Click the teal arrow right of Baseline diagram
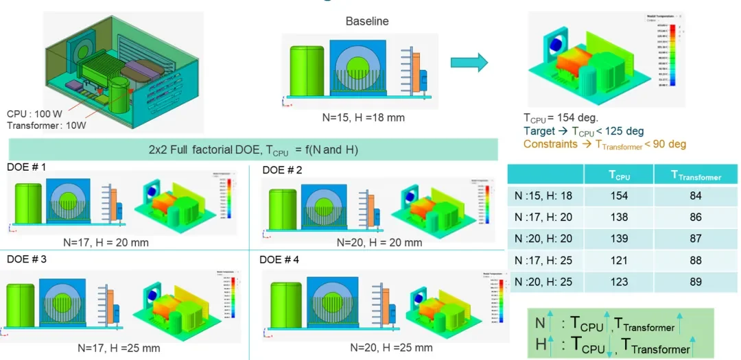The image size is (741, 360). (469, 64)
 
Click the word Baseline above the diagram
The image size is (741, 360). (366, 21)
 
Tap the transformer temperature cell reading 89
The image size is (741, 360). (694, 282)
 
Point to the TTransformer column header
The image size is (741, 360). (696, 176)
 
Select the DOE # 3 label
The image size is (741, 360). (27, 260)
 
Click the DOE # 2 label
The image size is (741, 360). (283, 169)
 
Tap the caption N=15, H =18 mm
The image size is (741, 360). (364, 117)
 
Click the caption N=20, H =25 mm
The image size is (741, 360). (390, 348)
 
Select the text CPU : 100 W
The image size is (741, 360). (33, 114)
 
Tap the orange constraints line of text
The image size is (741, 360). (604, 144)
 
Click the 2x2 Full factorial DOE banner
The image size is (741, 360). (253, 149)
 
